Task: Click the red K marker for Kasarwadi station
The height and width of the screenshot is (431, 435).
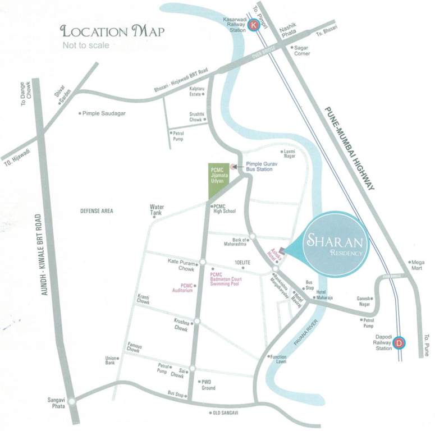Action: click(255, 24)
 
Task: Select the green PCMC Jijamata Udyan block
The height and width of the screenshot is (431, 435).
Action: click(217, 182)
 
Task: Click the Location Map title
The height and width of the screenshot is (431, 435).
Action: click(112, 31)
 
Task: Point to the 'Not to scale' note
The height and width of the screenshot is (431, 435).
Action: click(86, 45)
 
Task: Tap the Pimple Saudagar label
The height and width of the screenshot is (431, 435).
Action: click(104, 113)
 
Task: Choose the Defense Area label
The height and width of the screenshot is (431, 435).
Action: click(97, 211)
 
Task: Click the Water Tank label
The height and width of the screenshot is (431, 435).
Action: click(156, 209)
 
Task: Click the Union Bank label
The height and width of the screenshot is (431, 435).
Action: click(110, 361)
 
